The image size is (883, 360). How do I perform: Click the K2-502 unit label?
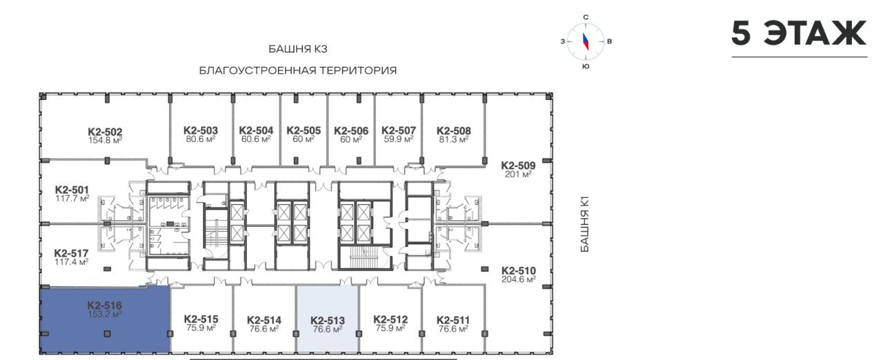(105, 132)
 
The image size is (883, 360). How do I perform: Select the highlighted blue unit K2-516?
(106, 319)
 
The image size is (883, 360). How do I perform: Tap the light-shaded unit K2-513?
(327, 319)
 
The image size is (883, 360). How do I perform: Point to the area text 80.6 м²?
(201, 139)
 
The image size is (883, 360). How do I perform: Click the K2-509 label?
(518, 166)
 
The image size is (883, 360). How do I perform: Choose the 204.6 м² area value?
(519, 279)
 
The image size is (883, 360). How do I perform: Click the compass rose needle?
(586, 41)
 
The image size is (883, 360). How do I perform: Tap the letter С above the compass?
(586, 17)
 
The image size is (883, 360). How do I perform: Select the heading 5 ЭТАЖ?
(799, 34)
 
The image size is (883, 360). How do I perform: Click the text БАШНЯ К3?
(298, 49)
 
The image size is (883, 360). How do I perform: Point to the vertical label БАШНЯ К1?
(585, 225)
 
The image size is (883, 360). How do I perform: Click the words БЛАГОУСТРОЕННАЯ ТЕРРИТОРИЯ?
(298, 70)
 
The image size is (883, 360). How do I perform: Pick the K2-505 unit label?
(304, 130)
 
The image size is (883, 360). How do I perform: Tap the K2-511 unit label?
(453, 320)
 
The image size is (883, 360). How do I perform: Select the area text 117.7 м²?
(72, 199)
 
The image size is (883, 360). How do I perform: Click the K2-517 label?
(71, 253)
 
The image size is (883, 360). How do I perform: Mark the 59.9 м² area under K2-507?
(399, 139)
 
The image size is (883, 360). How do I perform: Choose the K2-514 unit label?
(264, 320)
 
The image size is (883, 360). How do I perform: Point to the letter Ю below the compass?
(586, 66)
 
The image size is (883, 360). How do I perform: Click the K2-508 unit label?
(454, 131)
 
